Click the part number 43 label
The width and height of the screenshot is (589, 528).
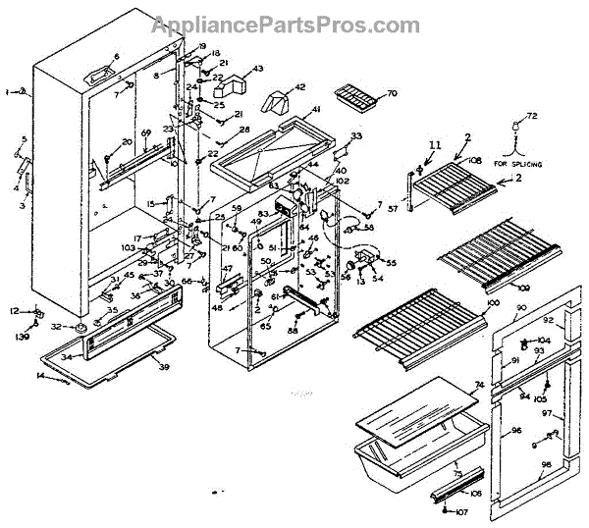[x=259, y=69]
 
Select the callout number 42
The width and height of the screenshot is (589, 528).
[x=299, y=87]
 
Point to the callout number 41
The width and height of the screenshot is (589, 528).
[x=316, y=109]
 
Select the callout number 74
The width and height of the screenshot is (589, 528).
[x=480, y=385]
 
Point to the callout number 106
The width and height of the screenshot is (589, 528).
[x=476, y=494]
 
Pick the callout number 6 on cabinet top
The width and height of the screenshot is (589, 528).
[x=115, y=56]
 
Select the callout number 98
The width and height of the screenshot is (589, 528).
[x=547, y=464]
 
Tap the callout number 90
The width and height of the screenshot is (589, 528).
[x=521, y=308]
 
